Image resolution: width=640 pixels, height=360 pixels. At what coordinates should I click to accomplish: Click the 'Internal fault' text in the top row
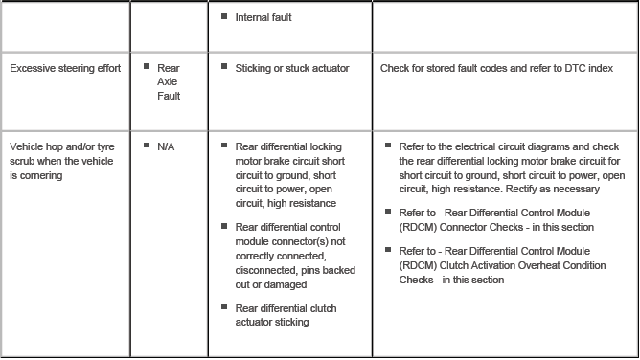(263, 17)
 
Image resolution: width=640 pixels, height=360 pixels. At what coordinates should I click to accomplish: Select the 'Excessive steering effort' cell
(65, 68)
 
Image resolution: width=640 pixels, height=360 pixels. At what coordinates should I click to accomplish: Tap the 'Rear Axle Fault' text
(169, 81)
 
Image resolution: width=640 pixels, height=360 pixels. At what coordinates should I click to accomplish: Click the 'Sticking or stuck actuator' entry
(292, 68)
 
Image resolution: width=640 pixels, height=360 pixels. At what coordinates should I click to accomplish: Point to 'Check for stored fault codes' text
(445, 68)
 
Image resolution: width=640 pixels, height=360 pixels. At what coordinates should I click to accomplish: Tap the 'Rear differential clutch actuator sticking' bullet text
(286, 315)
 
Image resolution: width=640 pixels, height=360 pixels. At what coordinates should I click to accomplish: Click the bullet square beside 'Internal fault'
(224, 16)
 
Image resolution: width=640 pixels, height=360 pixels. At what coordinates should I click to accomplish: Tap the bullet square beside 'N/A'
(147, 146)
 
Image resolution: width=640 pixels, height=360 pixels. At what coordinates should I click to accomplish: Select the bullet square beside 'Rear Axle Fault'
(147, 67)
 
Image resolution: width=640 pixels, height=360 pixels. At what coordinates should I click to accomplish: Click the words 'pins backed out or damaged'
(286, 278)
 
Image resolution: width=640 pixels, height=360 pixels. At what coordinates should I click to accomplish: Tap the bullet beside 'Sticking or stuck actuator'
(224, 67)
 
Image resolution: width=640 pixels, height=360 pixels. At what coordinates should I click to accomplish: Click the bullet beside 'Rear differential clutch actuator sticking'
(224, 307)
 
